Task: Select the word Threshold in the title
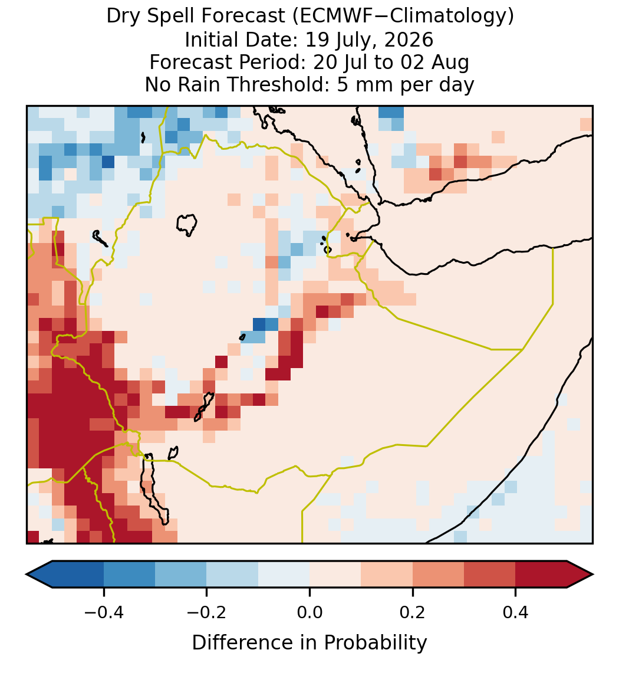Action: pos(289,84)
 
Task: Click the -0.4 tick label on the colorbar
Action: pos(104,612)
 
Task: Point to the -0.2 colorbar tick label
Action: pos(207,612)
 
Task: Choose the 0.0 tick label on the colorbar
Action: pos(309,612)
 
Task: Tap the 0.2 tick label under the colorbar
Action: pos(413,612)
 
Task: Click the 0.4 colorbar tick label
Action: pos(516,612)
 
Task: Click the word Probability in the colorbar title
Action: pos(376,642)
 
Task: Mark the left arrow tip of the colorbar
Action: pos(27,575)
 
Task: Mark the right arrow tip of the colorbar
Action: pos(594,575)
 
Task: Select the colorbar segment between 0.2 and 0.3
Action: pos(439,575)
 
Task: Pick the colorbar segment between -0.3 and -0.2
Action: pos(181,575)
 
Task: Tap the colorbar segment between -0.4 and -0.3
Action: pos(129,575)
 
